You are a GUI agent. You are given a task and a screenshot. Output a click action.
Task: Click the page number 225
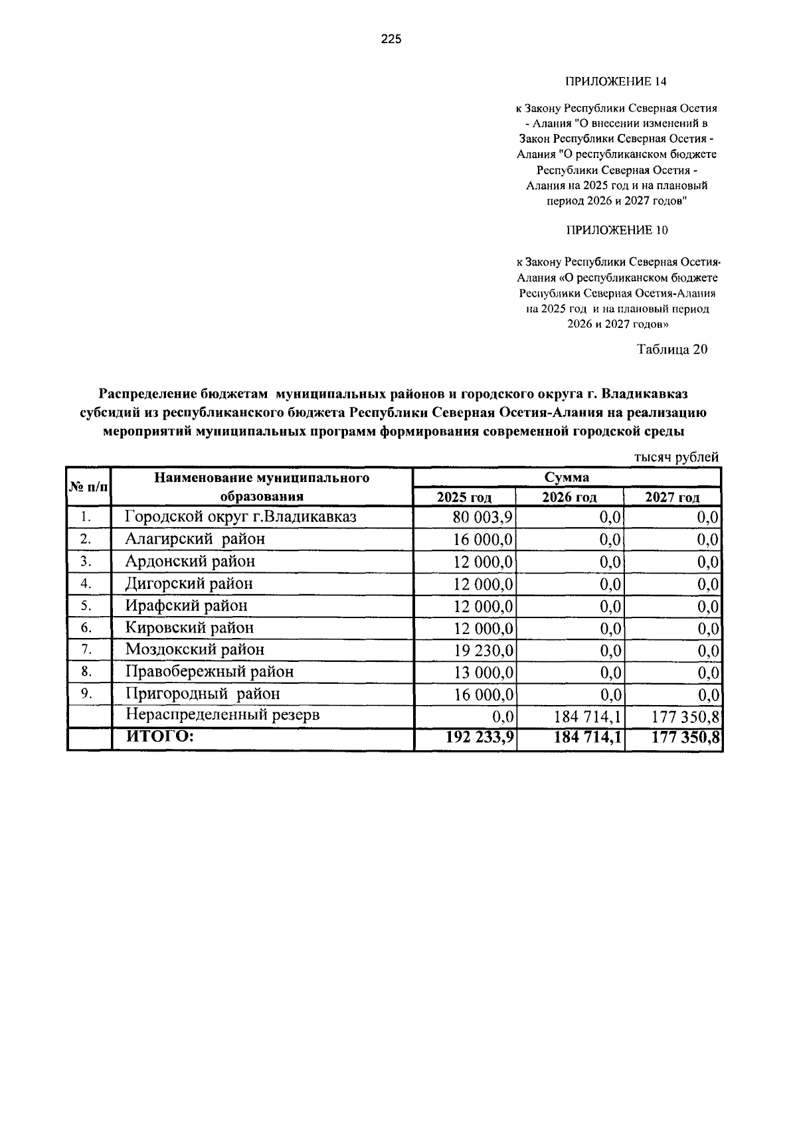point(391,40)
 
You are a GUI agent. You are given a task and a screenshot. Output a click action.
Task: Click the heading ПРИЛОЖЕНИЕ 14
point(615,82)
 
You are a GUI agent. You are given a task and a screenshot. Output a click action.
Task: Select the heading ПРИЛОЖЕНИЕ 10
point(616,230)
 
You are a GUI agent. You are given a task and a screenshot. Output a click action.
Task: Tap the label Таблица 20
point(672,349)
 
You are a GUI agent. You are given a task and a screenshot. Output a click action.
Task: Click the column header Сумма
point(567,477)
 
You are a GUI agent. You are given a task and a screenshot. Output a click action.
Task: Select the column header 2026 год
point(569,497)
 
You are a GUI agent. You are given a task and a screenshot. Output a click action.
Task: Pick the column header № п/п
point(88,487)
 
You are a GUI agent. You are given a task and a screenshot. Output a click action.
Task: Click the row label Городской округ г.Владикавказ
point(241,517)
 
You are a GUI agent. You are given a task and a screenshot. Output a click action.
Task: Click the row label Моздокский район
point(195,649)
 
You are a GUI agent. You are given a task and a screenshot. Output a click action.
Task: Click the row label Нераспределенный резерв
point(222,715)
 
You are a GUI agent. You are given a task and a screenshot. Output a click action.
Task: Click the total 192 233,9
point(481,737)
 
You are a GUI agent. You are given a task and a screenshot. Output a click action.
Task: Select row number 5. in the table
point(86,605)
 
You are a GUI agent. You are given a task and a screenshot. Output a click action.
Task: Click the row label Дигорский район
point(189,584)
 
